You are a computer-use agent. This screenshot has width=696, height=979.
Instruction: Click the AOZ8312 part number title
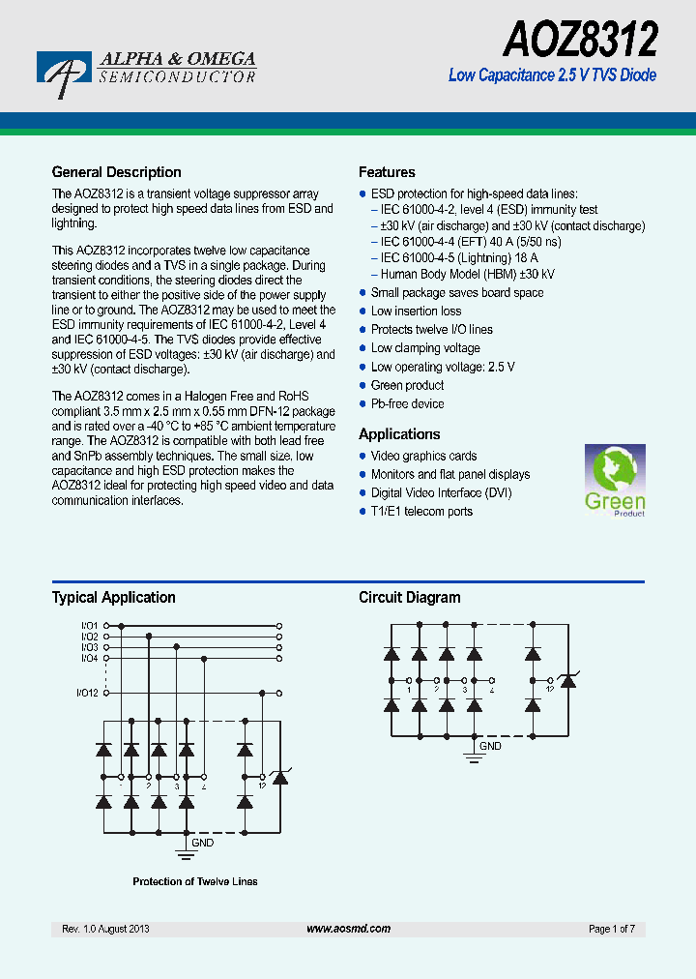pos(580,41)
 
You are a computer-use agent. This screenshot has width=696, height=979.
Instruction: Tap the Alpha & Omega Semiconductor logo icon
pos(64,73)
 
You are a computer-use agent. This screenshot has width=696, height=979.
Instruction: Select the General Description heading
pos(116,172)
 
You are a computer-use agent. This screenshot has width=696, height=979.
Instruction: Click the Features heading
pos(387,172)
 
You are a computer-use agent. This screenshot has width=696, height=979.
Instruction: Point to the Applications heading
pos(399,434)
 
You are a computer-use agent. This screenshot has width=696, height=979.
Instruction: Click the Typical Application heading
pos(113,597)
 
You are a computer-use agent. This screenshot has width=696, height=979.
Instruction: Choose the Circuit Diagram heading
pos(409,597)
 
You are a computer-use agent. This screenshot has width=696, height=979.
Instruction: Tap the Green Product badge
pos(615,481)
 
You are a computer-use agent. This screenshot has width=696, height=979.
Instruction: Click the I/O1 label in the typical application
pos(89,626)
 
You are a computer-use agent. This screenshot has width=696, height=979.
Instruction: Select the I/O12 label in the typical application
pos(87,693)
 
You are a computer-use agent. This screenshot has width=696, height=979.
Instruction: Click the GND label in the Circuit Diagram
pos(491,746)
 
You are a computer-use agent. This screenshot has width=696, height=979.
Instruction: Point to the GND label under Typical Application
pos(203,843)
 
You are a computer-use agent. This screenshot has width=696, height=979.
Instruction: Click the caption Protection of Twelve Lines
pos(194,881)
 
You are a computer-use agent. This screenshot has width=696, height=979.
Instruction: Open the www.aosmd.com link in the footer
pos(348,929)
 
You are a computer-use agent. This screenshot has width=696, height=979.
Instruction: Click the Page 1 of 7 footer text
pos(611,929)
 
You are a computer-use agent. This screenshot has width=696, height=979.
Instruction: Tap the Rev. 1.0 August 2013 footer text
pos(105,929)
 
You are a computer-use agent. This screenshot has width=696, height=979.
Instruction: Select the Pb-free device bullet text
pos(407,403)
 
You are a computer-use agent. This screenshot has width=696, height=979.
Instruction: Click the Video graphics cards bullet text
pos(423,456)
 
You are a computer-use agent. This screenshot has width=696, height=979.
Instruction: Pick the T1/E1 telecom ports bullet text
pos(421,511)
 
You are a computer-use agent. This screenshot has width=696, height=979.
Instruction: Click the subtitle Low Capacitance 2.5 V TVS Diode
pos(552,75)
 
